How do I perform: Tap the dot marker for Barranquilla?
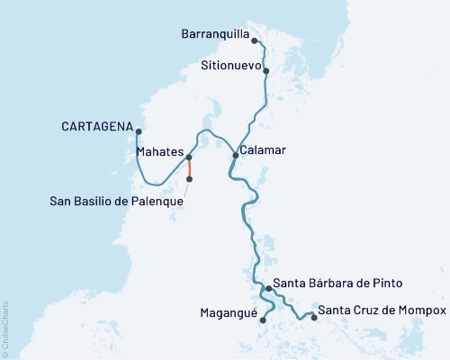point(255,40)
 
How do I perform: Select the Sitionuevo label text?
point(229,67)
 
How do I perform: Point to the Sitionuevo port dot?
point(266,69)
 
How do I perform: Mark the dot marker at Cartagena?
point(137,131)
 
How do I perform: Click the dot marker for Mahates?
point(189,158)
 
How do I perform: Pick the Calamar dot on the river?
point(236,156)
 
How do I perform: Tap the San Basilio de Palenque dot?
point(189,179)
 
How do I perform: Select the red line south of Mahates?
point(189,169)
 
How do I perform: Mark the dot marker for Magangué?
point(262,319)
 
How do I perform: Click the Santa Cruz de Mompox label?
point(382,310)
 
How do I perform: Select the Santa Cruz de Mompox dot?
point(313,317)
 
